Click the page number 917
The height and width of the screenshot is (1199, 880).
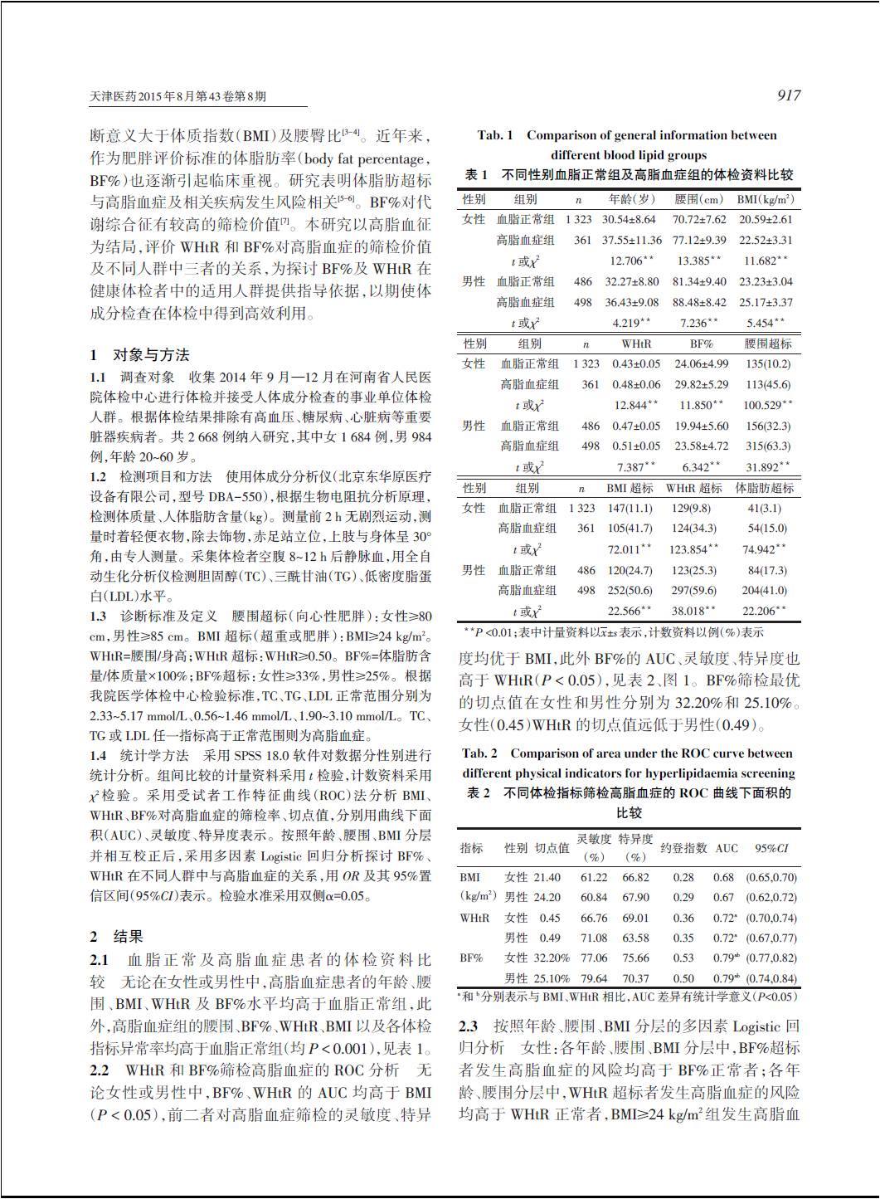click(788, 96)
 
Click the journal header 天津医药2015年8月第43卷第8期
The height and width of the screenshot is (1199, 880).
click(178, 97)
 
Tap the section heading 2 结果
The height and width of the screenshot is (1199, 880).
click(117, 937)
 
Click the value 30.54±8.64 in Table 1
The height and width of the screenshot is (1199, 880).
click(629, 220)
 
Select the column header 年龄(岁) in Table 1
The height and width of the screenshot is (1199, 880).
click(632, 200)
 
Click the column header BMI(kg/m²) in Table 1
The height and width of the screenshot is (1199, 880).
click(765, 200)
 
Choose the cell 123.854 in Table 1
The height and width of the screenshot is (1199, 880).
click(693, 549)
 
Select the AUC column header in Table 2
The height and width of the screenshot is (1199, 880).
click(727, 848)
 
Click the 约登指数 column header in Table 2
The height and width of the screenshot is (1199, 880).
click(683, 848)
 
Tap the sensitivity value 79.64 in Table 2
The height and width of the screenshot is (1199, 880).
click(594, 978)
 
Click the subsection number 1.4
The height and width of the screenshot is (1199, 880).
click(99, 755)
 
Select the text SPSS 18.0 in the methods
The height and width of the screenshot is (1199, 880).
click(287, 755)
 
